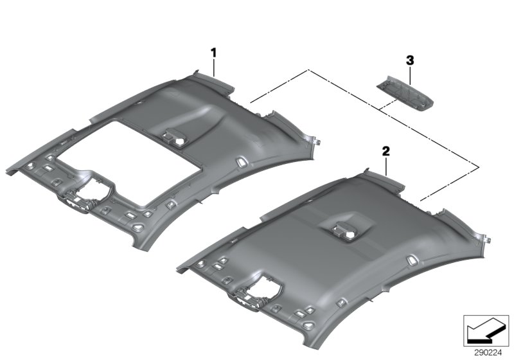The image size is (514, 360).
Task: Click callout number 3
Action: (x=410, y=60)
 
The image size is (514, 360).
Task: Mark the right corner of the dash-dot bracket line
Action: (x=478, y=168)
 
